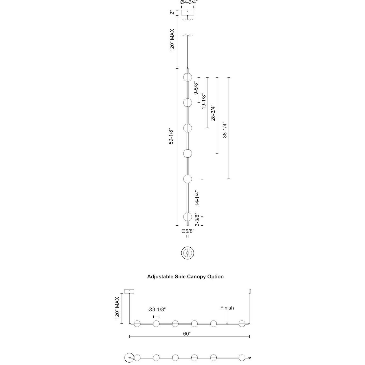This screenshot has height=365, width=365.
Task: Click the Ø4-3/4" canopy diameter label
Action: pos(187,2)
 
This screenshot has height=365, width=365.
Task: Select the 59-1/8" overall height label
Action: pos(171,137)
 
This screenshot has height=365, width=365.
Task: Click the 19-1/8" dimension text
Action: pos(204,101)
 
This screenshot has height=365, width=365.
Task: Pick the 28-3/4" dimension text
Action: pos(213,113)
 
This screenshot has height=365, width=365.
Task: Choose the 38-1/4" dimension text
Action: pos(225,130)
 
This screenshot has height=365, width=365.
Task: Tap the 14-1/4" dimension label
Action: pos(197,198)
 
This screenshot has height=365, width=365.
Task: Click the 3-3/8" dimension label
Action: pos(197,220)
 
